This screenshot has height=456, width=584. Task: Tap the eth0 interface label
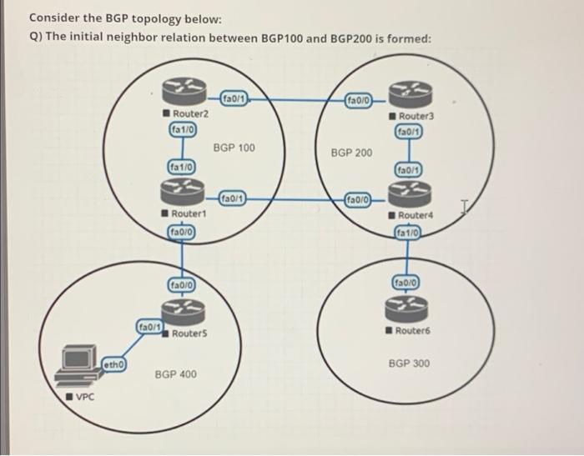pos(114,364)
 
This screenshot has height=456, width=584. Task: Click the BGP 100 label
pos(234,148)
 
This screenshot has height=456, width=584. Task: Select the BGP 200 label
pos(352,153)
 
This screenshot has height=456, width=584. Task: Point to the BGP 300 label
pos(410,364)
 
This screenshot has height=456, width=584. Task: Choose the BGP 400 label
pos(176,374)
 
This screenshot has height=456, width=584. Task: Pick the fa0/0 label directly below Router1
pos(184,231)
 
